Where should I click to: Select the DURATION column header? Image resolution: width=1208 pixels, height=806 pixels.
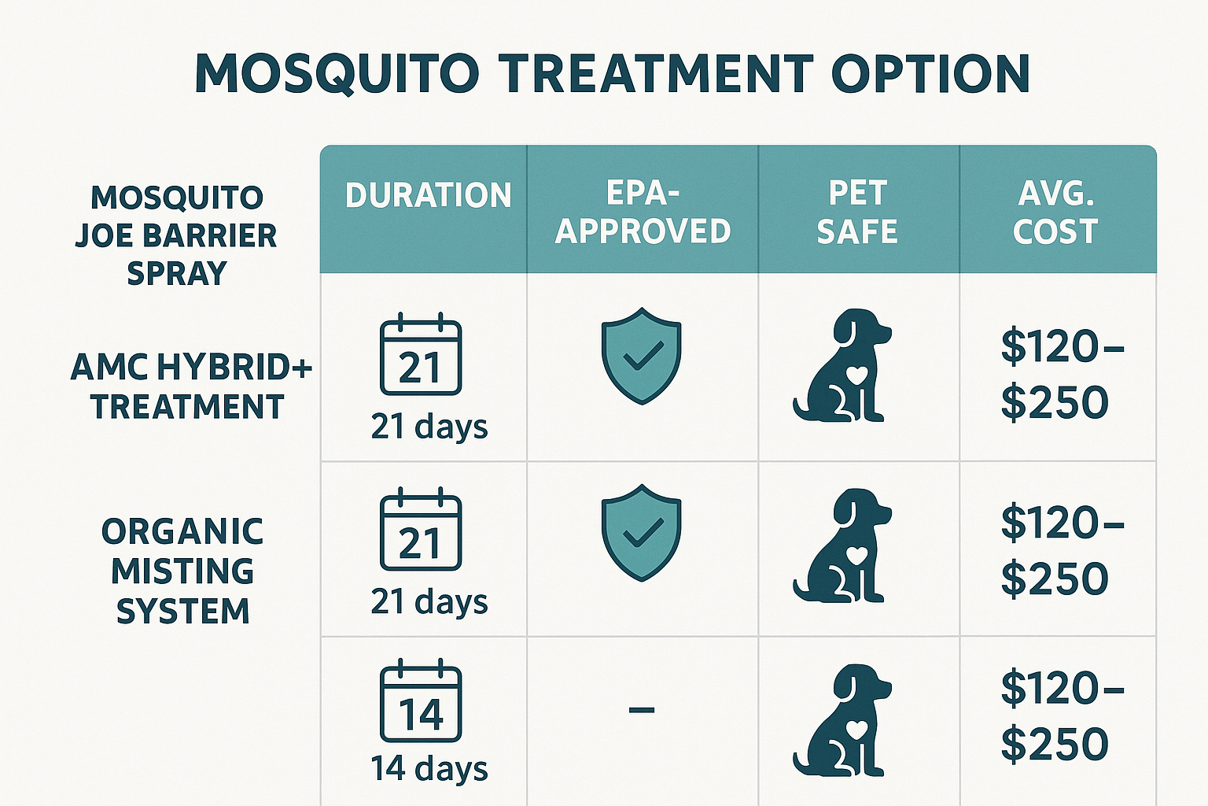click(428, 195)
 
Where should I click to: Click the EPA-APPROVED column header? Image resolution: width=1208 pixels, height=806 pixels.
click(643, 212)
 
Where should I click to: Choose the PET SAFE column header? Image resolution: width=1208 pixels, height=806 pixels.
click(857, 212)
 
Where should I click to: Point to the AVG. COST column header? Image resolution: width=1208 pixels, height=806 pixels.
click(1055, 212)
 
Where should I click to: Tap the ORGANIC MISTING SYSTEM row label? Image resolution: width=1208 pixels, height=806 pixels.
click(182, 571)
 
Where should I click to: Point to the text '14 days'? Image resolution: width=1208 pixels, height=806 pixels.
click(429, 768)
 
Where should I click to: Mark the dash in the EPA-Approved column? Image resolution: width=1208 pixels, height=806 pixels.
click(642, 710)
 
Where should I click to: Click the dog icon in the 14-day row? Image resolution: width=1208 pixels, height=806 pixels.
click(842, 720)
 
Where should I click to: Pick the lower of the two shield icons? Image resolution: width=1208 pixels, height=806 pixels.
click(642, 532)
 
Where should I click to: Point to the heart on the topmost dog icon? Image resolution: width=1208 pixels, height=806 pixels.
click(856, 375)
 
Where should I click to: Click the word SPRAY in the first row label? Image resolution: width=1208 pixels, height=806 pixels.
click(177, 273)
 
